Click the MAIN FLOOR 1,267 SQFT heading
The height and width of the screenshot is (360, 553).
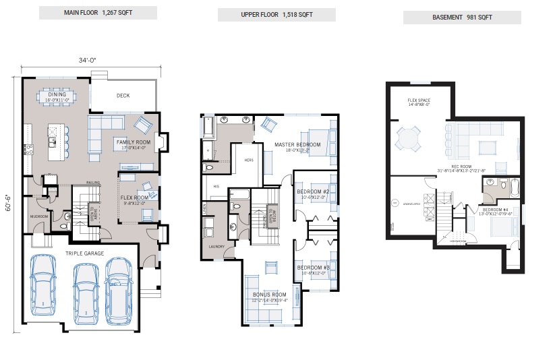98,13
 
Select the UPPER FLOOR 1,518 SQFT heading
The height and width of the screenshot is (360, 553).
277,15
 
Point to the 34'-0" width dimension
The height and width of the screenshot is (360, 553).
88,60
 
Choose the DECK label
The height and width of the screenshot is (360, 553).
123,96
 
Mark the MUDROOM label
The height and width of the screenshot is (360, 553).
37,216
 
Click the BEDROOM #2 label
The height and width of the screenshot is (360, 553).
313,192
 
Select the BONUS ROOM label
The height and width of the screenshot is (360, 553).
270,295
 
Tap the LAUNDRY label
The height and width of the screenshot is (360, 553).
216,247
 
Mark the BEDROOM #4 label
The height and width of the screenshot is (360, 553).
496,210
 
